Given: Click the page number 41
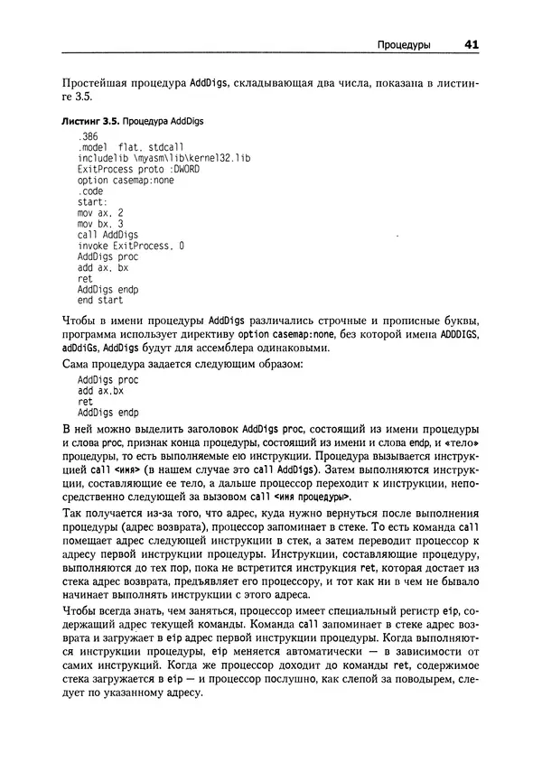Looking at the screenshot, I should click(x=472, y=44).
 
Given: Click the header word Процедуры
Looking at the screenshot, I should click(x=403, y=44).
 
